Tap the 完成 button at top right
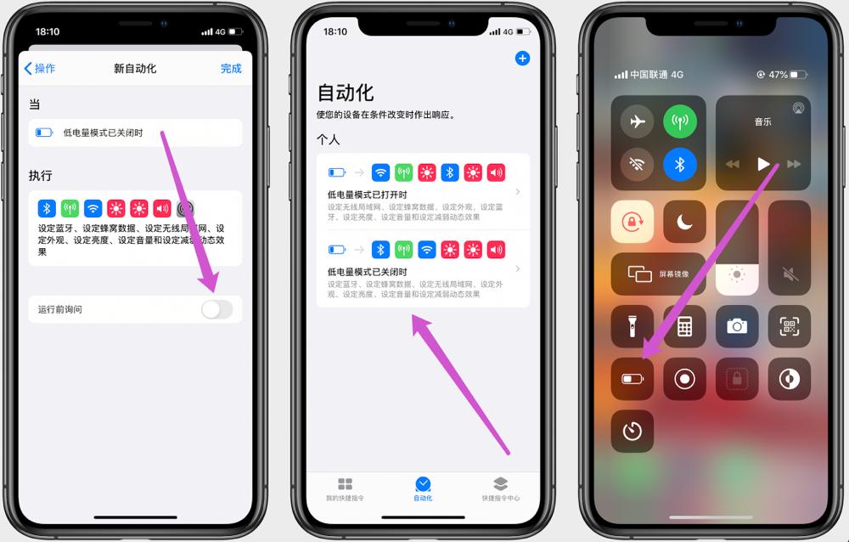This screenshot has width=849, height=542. coord(231,69)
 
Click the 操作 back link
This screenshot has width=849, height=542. coord(40,69)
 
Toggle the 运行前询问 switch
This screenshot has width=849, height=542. coord(216,309)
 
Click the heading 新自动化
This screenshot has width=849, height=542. coord(135,69)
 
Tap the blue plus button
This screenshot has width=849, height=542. coord(522,59)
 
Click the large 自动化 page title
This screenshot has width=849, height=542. coord(346,93)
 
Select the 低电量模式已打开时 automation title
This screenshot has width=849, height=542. coord(368,195)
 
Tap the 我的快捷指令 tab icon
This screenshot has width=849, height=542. coord(345,484)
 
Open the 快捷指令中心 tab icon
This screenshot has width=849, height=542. coord(500,484)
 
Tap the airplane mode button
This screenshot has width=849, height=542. coord(637,121)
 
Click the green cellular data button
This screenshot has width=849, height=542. coord(680,121)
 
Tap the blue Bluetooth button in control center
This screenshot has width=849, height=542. coord(680,165)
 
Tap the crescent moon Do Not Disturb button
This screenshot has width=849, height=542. coord(684,223)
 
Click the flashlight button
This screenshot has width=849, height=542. coord(633,327)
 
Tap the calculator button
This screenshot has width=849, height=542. coord(684,327)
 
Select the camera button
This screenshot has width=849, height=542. coord(737,327)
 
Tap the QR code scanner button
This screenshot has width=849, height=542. coord(789,327)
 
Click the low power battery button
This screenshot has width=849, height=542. coord(633,379)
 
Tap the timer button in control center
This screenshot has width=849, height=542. coord(633,431)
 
